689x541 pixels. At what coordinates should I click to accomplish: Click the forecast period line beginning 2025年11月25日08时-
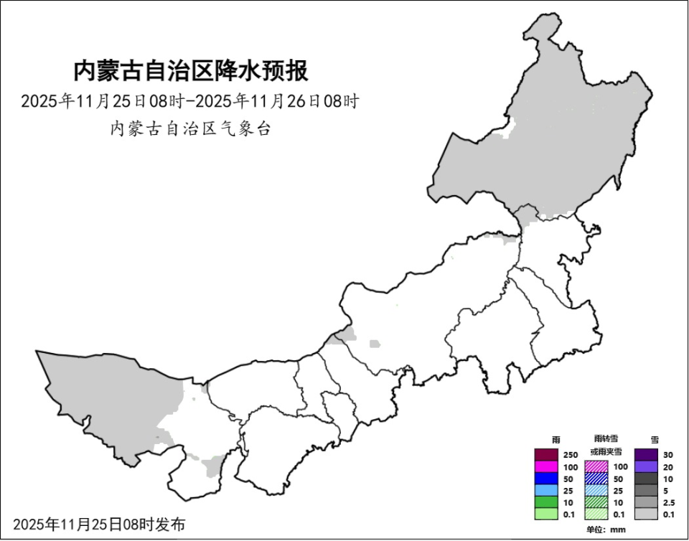click(189, 101)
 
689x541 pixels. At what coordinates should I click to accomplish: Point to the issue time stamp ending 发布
click(99, 524)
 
